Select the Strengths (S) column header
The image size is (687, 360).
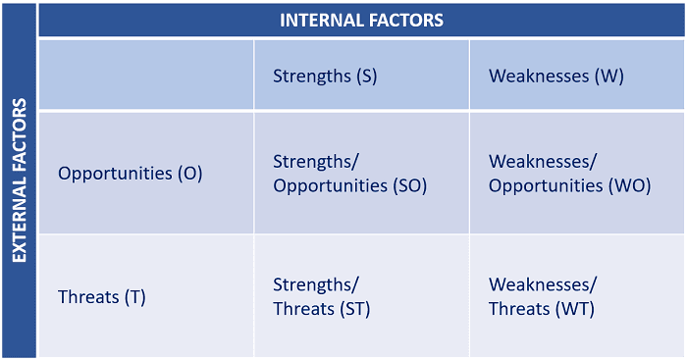click(x=325, y=76)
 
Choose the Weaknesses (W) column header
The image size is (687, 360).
click(x=555, y=76)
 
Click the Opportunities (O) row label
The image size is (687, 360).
click(x=130, y=174)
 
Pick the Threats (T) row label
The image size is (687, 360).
click(x=102, y=297)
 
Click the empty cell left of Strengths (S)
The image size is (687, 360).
click(x=145, y=76)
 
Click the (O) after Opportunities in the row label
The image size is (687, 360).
click(x=189, y=174)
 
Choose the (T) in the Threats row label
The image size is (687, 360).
click(x=134, y=297)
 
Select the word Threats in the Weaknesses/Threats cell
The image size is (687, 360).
click(x=517, y=309)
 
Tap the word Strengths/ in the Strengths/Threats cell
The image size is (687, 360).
click(x=316, y=285)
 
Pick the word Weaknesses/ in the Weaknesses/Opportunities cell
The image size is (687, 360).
click(x=543, y=161)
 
